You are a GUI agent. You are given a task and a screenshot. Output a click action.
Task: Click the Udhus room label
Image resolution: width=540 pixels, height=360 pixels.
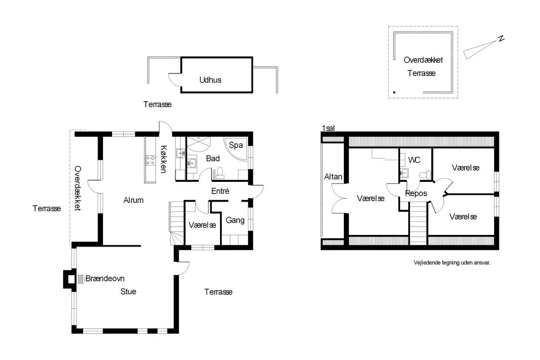pos(210,80)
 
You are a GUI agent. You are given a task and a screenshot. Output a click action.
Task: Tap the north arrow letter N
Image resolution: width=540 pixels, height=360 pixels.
pos(501,39)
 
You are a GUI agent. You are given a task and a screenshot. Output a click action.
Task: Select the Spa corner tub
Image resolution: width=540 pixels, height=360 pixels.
pos(235,149)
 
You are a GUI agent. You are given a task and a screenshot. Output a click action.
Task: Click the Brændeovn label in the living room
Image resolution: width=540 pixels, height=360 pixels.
pos(105,279)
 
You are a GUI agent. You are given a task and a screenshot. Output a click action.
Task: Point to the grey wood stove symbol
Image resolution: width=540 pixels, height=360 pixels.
pos(81,279)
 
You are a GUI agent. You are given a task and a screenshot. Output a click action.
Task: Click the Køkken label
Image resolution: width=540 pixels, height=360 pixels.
pos(164,159)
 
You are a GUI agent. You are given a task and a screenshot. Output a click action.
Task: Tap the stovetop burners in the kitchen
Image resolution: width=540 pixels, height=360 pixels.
pos(150,160)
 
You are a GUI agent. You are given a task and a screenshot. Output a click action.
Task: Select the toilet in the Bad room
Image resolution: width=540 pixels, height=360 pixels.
pos(220,173)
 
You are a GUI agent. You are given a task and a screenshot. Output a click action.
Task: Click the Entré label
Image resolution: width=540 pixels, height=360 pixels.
pos(220,191)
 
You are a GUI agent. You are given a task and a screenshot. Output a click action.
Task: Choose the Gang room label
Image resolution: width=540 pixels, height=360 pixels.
pos(235,220)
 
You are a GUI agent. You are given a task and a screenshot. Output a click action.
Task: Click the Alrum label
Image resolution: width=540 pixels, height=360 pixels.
pos(133,200)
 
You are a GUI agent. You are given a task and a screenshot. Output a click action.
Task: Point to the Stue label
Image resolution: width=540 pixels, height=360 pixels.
pos(128,292)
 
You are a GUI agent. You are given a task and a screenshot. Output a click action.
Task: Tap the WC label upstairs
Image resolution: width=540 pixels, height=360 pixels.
pos(414,160)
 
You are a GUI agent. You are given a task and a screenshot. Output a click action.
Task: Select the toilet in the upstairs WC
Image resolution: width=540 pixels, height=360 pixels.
pos(425,175)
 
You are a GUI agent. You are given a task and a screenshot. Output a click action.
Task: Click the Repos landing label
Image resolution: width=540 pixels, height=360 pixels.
pos(416,193)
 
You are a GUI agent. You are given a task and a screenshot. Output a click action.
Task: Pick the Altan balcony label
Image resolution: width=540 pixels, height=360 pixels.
pos(333,177)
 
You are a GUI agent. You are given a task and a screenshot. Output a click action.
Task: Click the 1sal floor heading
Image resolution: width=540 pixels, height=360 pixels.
pos(328,128)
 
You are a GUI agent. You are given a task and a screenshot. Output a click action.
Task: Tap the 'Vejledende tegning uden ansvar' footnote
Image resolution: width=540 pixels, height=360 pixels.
pos(452,263)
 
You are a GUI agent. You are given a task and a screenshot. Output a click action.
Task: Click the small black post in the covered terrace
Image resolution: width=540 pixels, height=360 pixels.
pos(394,92)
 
